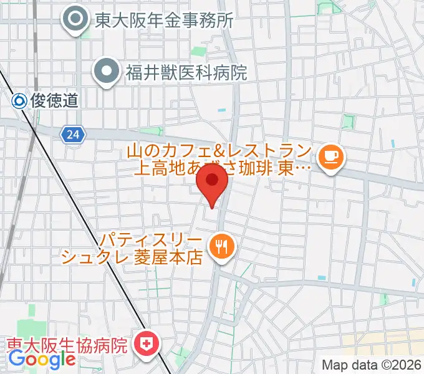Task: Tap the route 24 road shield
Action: [72, 133]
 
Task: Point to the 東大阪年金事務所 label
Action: [164, 21]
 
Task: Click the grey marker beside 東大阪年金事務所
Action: [77, 21]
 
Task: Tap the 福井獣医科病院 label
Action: [186, 72]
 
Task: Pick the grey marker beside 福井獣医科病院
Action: [107, 72]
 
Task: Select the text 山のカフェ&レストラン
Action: [218, 150]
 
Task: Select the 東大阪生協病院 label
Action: [67, 343]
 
